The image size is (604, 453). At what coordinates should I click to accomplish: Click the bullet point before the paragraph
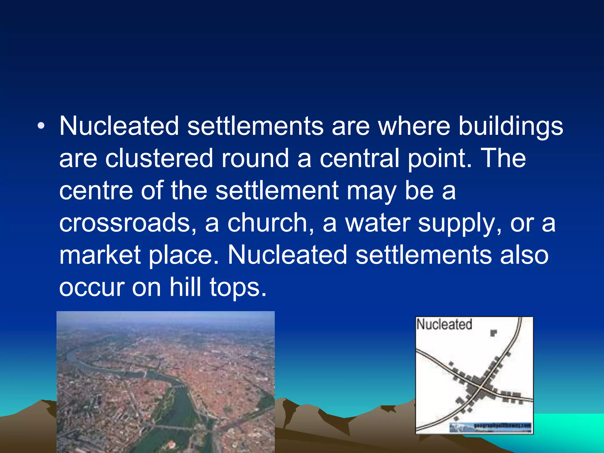(x=41, y=127)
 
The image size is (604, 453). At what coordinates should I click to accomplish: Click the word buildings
(x=511, y=127)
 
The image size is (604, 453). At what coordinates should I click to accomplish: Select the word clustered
(x=159, y=158)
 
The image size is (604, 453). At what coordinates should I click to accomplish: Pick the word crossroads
(x=128, y=223)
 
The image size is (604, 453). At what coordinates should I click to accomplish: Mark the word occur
(x=91, y=288)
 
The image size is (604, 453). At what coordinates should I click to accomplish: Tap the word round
(x=255, y=158)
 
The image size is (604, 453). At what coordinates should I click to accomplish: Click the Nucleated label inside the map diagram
(x=444, y=324)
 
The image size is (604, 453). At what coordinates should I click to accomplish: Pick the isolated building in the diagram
(x=493, y=333)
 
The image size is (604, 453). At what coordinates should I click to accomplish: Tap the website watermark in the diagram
(x=501, y=426)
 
